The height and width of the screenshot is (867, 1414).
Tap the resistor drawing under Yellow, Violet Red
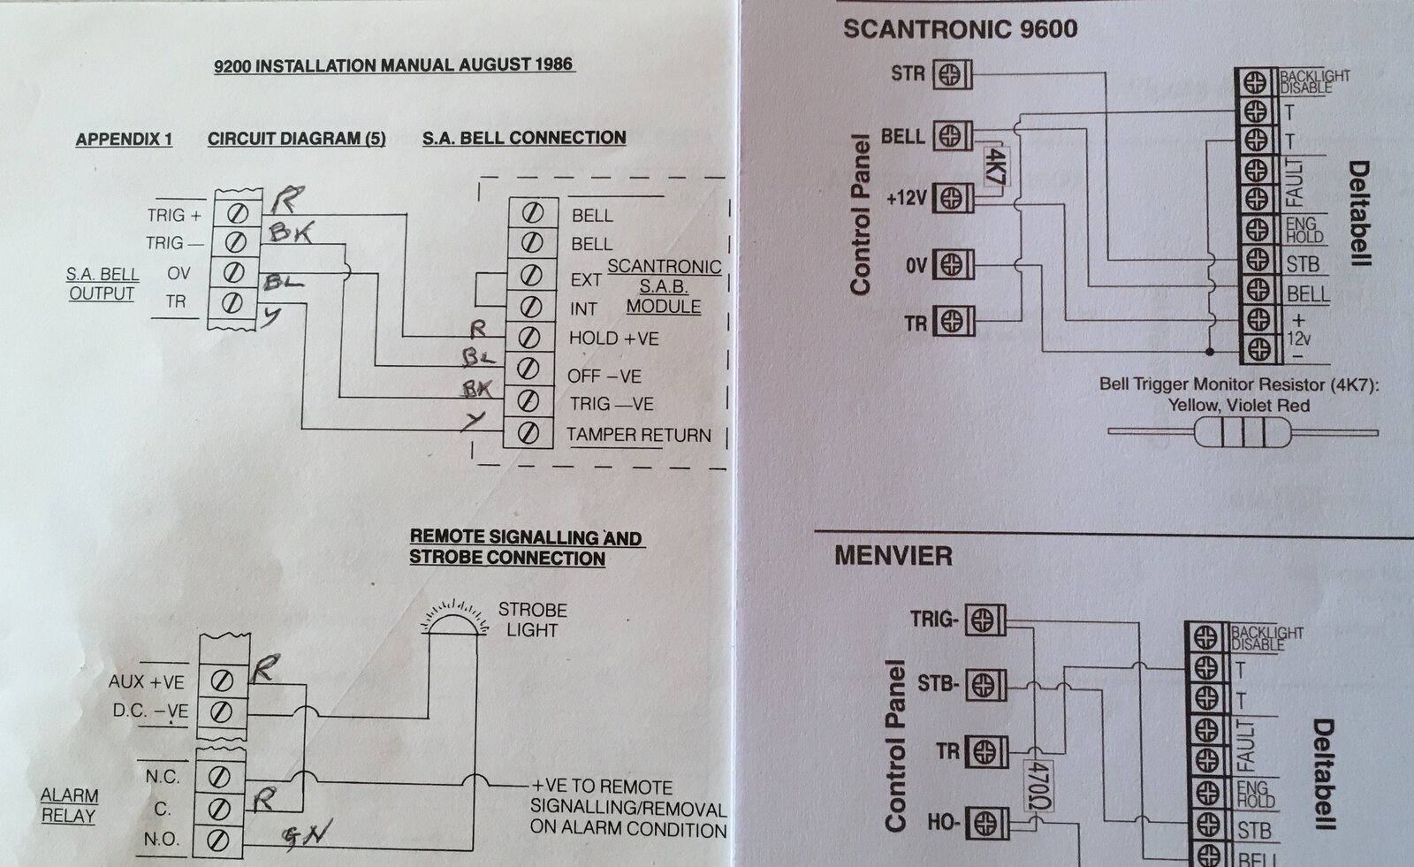1242,433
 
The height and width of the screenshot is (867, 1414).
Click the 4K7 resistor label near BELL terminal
994,165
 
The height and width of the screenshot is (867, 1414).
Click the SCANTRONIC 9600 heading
960,29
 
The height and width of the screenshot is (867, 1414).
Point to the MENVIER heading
893,556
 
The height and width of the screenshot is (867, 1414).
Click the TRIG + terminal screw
238,214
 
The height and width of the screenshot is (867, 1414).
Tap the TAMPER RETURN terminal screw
528,433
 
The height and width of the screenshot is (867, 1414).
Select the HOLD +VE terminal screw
528,338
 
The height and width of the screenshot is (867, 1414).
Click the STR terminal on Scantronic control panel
951,74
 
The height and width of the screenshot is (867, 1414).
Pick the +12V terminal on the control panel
951,198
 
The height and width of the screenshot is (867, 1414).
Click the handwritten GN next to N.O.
307,833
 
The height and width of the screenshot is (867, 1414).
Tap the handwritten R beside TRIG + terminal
284,201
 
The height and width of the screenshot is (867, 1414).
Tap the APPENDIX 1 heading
124,140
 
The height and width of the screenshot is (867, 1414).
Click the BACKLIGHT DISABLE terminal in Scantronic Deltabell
1253,82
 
